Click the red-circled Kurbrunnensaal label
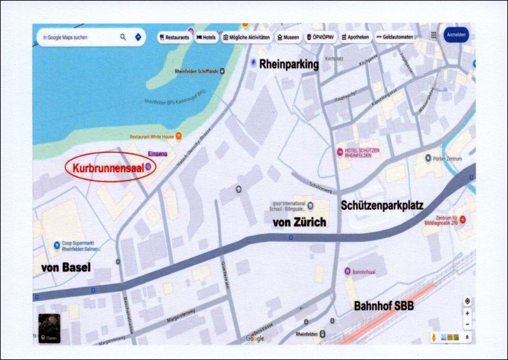[105, 168]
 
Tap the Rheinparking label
[288, 63]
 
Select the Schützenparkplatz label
[382, 205]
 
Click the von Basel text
[66, 267]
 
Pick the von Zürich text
[298, 222]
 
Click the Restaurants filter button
[175, 37]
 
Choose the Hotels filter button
[207, 37]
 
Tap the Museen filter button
[289, 37]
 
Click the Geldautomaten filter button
[394, 37]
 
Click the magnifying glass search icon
[123, 37]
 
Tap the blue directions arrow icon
[138, 37]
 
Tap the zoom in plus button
[467, 313]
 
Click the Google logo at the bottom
[255, 338]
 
